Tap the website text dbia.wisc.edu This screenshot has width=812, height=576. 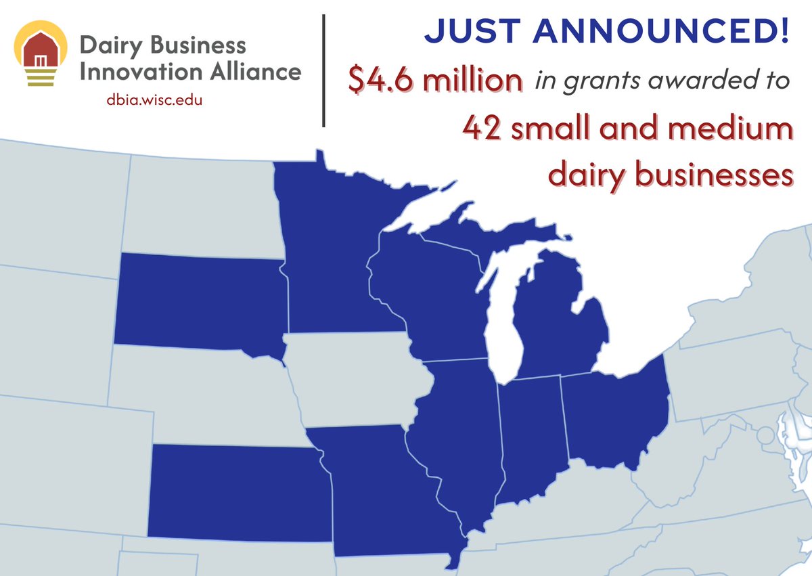click(155, 100)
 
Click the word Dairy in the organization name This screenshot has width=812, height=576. click(109, 46)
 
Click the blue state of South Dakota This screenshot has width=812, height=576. click(200, 301)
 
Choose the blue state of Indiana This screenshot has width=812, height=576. click(531, 433)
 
